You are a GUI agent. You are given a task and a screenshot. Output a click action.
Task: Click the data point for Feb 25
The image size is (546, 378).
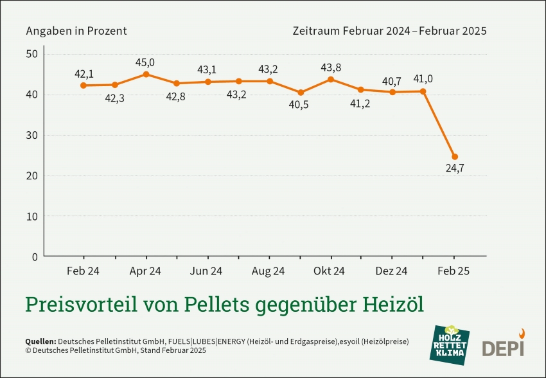coord(454,157)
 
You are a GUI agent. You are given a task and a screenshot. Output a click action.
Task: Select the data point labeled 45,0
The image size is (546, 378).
coord(146,74)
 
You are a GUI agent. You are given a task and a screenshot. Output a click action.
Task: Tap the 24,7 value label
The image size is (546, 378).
coord(455,168)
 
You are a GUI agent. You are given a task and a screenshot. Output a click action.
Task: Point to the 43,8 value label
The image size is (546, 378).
coord(331,67)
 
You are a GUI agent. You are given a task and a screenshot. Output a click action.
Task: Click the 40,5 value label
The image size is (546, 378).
coord(299,105)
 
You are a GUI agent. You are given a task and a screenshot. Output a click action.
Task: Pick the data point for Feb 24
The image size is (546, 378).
coord(84,85)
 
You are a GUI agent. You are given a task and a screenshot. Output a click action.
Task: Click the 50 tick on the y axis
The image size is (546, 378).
coord(31,54)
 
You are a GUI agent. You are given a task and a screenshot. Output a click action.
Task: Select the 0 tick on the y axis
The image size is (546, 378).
coord(35,257)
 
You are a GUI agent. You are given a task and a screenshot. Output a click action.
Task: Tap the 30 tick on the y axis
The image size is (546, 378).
coord(31,135)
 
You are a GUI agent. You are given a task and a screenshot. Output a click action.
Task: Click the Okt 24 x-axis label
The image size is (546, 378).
coord(329,271)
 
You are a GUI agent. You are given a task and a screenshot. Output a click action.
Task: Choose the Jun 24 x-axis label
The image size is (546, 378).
coord(206,271)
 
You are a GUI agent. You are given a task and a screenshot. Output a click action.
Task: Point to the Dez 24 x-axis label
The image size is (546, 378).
coord(391,271)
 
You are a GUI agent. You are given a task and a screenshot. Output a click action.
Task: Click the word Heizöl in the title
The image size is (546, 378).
coord(393,304)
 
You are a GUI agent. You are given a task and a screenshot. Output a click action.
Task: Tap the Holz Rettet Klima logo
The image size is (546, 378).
coord(450,345)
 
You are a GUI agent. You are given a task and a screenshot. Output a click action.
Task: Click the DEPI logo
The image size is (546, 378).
coord(504,343)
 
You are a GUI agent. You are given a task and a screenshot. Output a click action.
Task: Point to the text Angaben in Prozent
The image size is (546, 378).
coord(76,31)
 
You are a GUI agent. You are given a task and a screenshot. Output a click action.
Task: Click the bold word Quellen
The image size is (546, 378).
coord(40,342)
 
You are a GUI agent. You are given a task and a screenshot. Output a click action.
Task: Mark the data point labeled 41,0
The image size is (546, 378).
coord(423,91)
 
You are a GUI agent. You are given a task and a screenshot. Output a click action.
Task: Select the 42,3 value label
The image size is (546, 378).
coord(114,98)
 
